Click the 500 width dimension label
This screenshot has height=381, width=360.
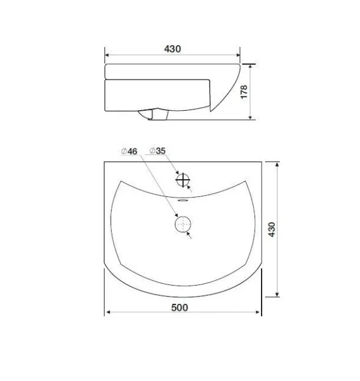pos(180,308)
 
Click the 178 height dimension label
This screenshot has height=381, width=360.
pos(244,92)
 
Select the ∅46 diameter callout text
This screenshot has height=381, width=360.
pos(129,152)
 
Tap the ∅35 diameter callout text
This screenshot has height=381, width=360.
pos(158,151)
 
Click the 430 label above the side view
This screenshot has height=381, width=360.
pos(172,49)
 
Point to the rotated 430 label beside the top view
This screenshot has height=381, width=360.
pos(271,229)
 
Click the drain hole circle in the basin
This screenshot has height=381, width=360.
pos(183,224)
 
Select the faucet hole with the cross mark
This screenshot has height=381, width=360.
pos(182,180)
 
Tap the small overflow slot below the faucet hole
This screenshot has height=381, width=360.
pos(182,201)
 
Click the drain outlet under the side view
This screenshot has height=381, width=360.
pos(153,115)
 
